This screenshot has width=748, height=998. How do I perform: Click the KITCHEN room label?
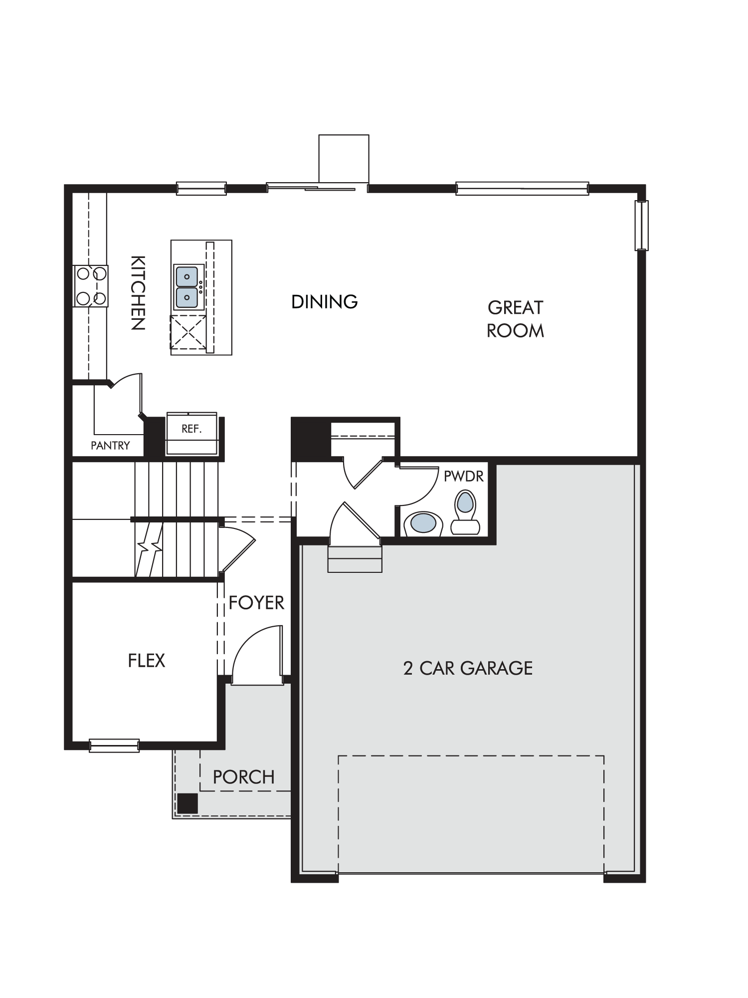tap(138, 293)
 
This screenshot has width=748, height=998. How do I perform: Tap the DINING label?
tap(325, 302)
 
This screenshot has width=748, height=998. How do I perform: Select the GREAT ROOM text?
tap(515, 319)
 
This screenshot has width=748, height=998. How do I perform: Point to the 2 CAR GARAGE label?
tap(468, 668)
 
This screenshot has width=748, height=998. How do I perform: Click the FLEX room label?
tap(146, 661)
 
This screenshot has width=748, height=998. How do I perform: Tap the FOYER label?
tap(256, 603)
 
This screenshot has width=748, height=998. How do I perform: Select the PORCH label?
tap(243, 777)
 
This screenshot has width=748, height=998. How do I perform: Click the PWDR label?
tap(464, 476)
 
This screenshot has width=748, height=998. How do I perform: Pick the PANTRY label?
tap(110, 446)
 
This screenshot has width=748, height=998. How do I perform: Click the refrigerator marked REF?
tap(192, 433)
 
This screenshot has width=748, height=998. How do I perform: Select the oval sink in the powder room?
tap(423, 524)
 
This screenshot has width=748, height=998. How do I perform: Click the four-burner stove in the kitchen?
tap(91, 286)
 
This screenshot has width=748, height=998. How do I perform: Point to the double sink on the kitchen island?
tap(187, 287)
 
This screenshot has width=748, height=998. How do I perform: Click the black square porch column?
tap(187, 803)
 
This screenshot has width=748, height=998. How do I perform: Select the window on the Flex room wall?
tap(114, 746)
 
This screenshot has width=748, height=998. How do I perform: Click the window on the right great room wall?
tap(641, 225)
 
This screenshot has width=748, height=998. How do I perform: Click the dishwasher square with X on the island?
tap(188, 332)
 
